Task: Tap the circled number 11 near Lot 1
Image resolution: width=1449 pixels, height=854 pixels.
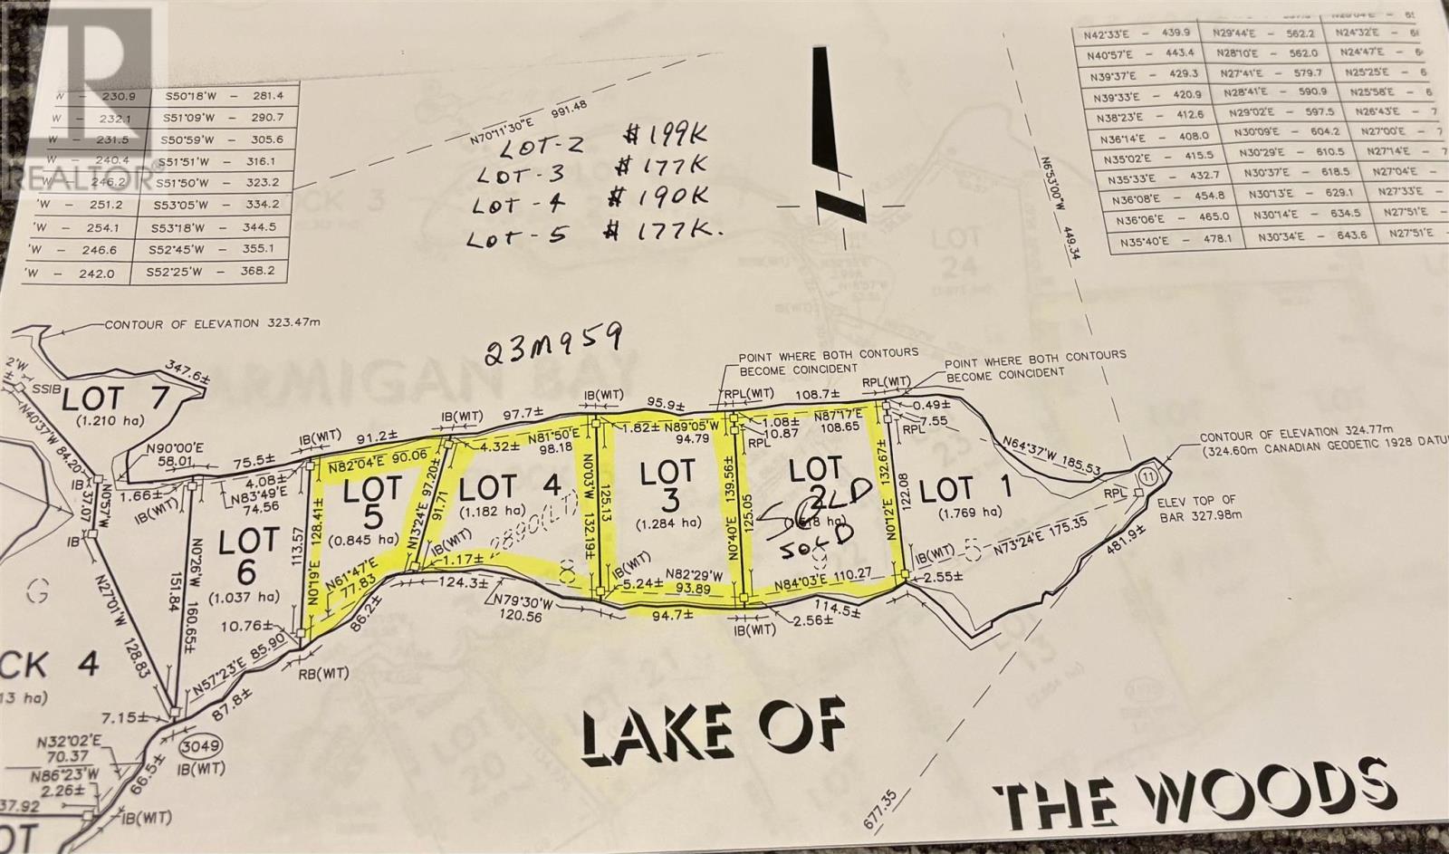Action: [1149, 476]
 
